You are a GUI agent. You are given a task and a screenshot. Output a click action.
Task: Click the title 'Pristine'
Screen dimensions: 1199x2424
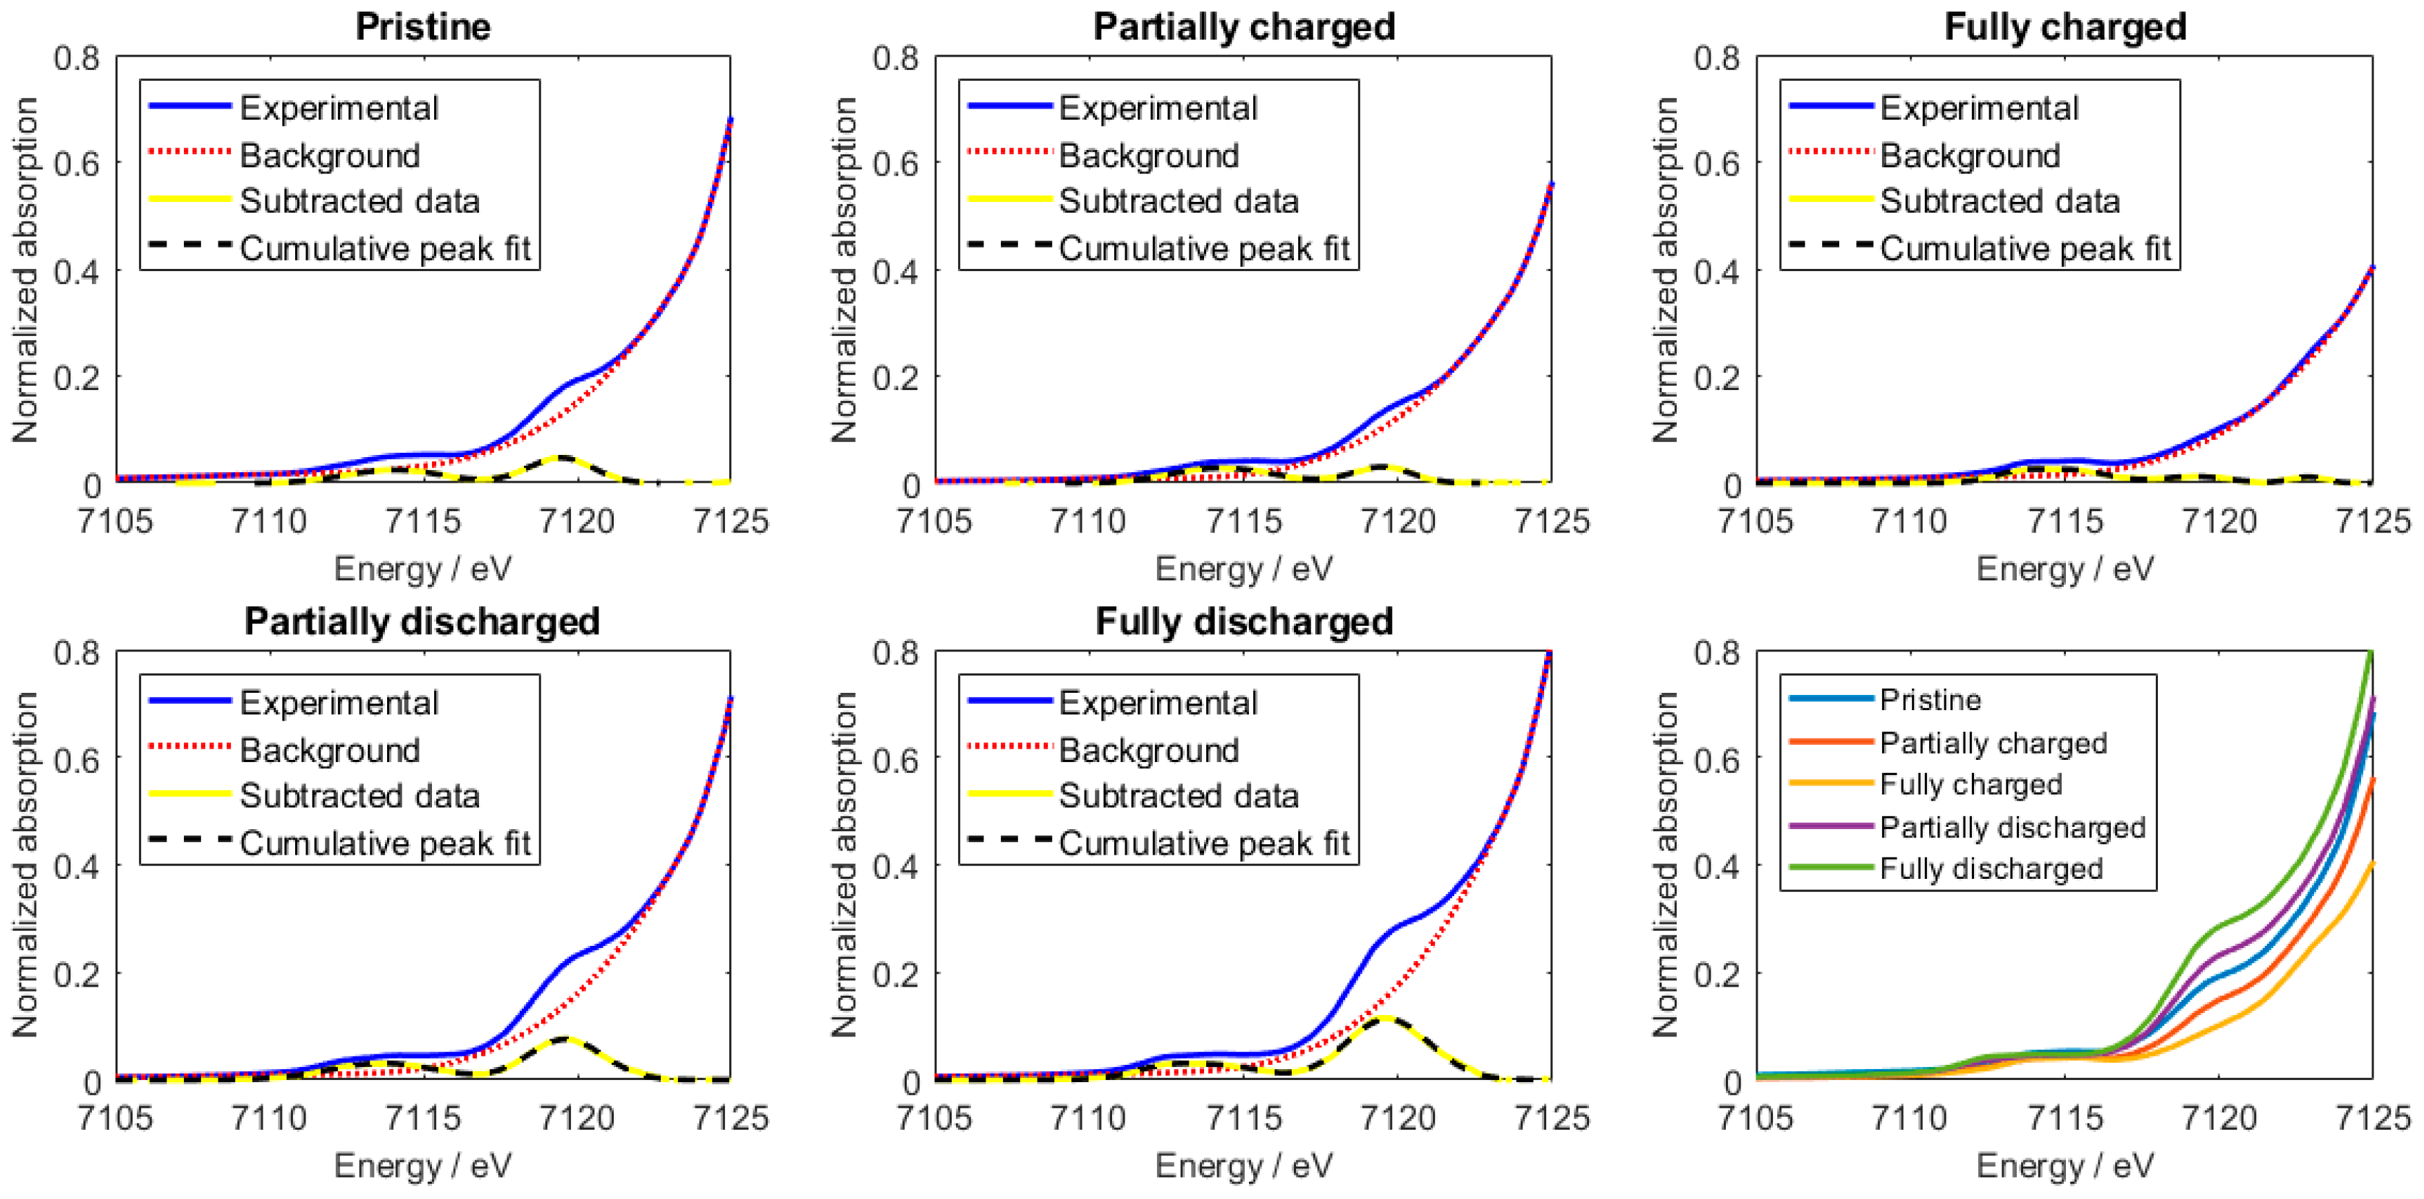tap(422, 26)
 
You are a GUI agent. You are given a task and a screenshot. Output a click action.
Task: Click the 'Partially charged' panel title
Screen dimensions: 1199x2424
tap(1243, 26)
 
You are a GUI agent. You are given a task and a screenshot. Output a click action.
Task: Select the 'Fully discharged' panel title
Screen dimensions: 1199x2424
tap(1243, 621)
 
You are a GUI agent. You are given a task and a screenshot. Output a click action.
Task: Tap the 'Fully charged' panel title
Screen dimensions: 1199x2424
tap(2065, 26)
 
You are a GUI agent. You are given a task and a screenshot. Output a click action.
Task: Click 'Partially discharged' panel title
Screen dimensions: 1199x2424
tap(422, 621)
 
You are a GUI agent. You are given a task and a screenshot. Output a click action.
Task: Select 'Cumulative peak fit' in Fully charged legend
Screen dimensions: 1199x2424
tap(2025, 248)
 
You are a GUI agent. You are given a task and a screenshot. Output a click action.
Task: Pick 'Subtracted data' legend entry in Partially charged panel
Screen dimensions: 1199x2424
tap(1178, 201)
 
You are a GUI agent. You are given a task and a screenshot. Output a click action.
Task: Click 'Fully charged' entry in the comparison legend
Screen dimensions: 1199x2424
tap(1971, 784)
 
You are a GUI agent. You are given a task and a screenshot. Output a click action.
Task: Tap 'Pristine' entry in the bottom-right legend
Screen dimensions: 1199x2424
tap(1930, 699)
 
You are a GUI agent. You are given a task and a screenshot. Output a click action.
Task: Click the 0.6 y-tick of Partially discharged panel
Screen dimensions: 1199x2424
tap(77, 759)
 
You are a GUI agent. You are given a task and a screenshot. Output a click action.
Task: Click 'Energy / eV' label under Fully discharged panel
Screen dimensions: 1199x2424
tap(1243, 1165)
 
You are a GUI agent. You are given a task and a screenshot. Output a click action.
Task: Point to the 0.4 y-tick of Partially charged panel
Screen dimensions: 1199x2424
tap(896, 271)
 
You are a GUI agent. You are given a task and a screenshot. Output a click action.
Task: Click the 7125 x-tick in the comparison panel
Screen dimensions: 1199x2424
tap(2372, 1117)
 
